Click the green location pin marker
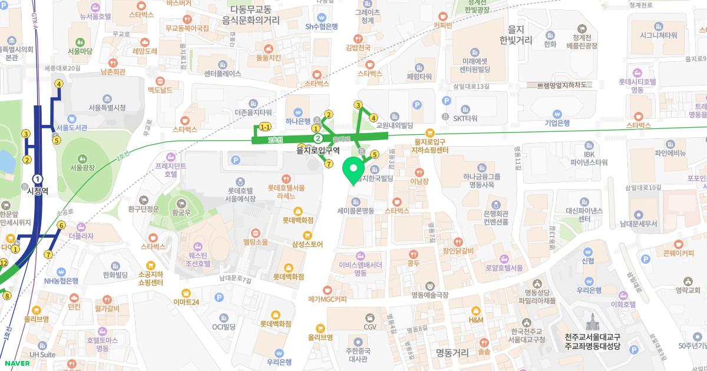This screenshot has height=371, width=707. (353, 170)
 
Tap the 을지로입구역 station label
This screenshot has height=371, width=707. (319, 150)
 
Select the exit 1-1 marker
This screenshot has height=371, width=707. (265, 127)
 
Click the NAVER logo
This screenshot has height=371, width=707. (16, 363)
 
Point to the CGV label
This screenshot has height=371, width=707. (370, 326)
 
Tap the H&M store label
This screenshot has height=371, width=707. (475, 319)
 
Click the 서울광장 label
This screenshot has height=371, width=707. (82, 167)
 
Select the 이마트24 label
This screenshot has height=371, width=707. (186, 302)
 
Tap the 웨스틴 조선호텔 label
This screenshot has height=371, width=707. (200, 260)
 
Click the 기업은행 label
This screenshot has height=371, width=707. (557, 122)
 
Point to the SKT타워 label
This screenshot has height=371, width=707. (465, 118)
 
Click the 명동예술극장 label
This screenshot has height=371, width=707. (430, 294)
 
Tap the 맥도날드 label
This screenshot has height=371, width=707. (160, 90)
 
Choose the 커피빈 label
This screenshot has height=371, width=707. (442, 25)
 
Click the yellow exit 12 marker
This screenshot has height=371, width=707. (4, 262)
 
